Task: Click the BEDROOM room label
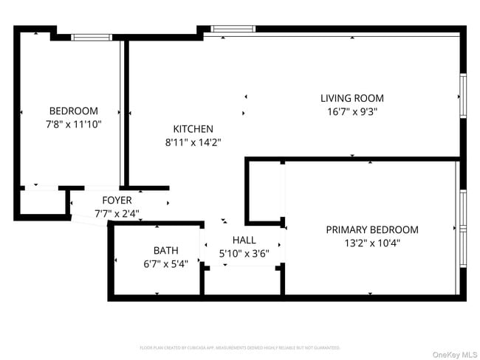point(73,111)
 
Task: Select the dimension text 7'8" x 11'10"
point(73,125)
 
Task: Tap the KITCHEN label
point(193,128)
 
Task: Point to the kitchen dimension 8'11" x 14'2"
point(193,142)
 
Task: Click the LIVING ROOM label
point(352,98)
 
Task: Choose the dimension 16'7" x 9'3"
point(352,111)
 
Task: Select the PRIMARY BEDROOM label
point(371,229)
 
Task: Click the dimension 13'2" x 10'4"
point(371,243)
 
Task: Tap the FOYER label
point(117,200)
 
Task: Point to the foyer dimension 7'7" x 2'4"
point(117,213)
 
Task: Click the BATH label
point(165,250)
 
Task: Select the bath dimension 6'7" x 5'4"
point(165,263)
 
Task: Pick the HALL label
point(244,240)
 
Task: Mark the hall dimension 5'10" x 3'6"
point(244,253)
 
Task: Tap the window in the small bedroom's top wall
point(91,36)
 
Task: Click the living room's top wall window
point(233,29)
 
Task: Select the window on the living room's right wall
point(463,95)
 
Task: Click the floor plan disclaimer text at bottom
point(240,347)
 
